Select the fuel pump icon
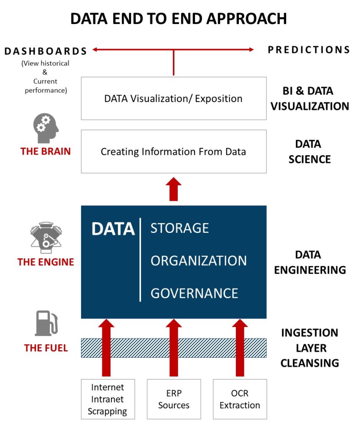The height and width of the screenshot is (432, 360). (x=46, y=324)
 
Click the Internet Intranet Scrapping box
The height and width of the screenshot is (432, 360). (x=108, y=399)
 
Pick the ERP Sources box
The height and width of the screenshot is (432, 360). (x=173, y=399)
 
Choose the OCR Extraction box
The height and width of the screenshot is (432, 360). (x=240, y=399)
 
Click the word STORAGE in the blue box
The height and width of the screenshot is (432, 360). (x=180, y=228)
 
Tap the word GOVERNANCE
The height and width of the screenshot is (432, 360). (x=194, y=293)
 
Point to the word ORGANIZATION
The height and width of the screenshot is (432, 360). (x=198, y=261)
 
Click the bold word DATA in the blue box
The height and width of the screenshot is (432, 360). (x=113, y=229)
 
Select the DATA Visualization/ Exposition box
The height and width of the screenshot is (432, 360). (x=173, y=99)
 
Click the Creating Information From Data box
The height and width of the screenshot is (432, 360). (x=173, y=151)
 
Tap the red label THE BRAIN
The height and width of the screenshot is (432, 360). (x=46, y=151)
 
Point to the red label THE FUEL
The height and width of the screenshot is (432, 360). (x=46, y=348)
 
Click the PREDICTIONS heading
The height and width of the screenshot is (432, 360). (x=309, y=50)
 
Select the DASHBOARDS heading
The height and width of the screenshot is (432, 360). (x=46, y=51)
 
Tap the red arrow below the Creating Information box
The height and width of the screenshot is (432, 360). (x=173, y=189)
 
